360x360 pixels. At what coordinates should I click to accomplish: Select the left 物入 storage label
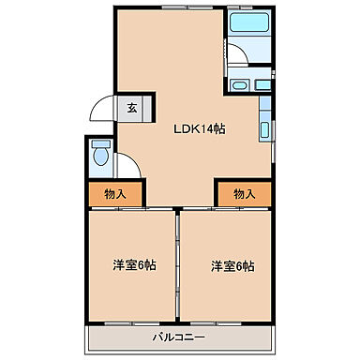pos(116,194)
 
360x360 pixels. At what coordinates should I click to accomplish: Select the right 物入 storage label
pos(244,194)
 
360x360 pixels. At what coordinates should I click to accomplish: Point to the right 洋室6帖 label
pos(232,265)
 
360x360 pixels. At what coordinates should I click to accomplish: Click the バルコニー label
pos(179,336)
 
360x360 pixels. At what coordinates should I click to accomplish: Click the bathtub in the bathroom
pos(248,24)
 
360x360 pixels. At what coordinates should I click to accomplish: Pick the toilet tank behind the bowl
pos(101,143)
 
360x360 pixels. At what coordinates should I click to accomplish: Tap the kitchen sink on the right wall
pos(266,130)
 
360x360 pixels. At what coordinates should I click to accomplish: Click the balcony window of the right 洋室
pos(224,322)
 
